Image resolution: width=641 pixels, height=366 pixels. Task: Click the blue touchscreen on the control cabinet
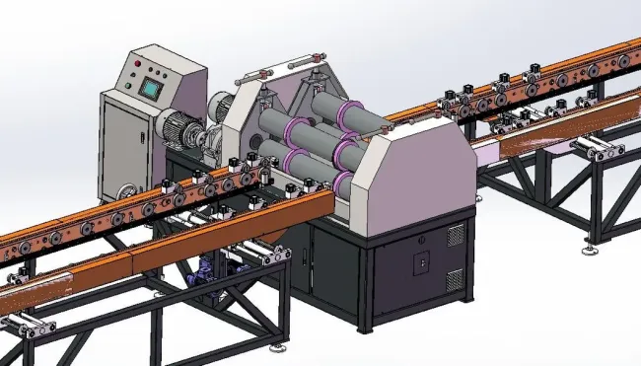click(x=151, y=87)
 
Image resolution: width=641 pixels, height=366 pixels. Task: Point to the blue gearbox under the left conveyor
click(x=208, y=269)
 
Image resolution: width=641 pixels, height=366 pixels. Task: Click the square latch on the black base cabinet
click(x=421, y=264)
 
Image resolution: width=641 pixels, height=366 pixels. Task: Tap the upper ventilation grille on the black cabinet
click(x=456, y=235)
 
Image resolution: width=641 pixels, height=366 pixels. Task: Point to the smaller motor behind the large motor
click(x=222, y=104)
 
